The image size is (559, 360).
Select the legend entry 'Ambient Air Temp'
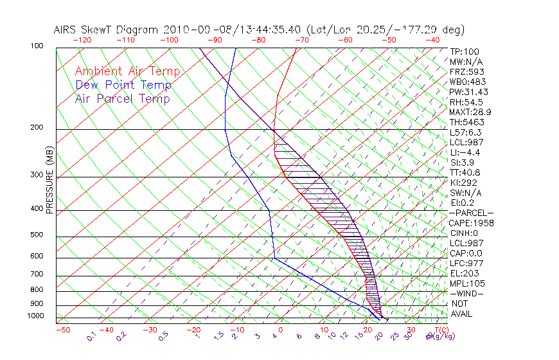click(x=127, y=71)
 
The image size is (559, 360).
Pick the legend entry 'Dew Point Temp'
click(x=123, y=85)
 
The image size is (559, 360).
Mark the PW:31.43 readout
click(x=469, y=92)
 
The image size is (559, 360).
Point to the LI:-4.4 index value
click(x=465, y=152)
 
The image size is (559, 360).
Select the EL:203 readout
click(x=464, y=273)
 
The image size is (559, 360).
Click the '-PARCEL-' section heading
click(x=471, y=213)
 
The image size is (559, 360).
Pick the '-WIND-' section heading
click(x=466, y=294)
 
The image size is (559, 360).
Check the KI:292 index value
click(x=463, y=183)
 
